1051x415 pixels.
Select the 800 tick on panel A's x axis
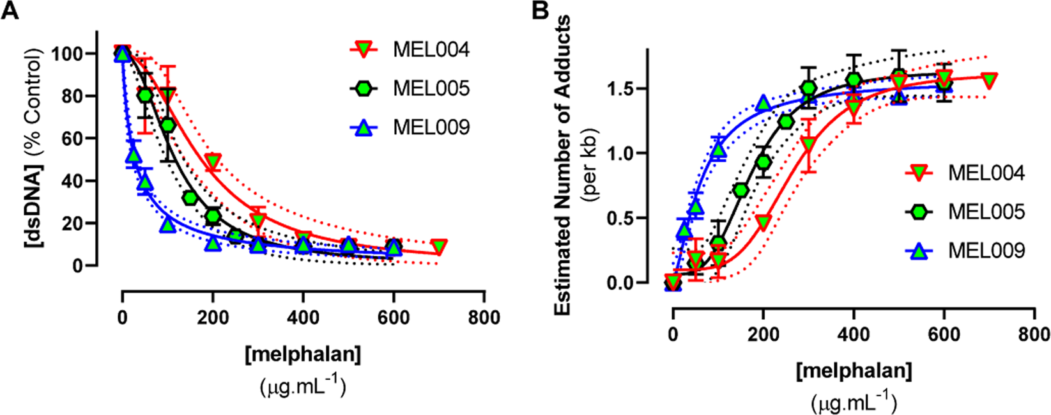[484, 318]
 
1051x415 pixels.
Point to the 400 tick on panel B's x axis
[854, 334]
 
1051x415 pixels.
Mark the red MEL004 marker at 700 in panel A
[438, 247]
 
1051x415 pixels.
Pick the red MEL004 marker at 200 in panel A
[213, 162]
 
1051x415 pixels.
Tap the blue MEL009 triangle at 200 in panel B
[763, 102]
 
